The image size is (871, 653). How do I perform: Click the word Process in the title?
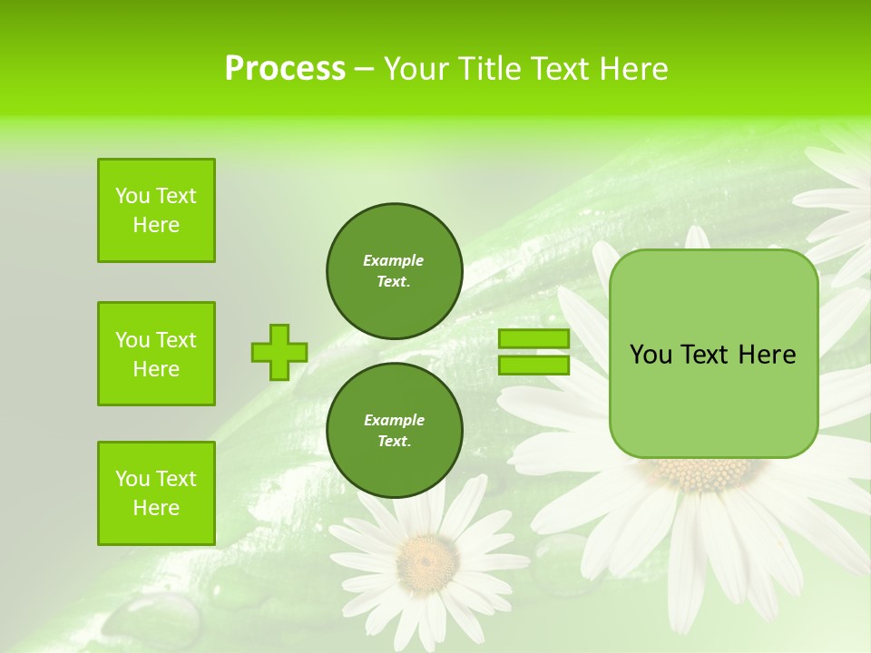285,69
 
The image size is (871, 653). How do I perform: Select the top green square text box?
156,210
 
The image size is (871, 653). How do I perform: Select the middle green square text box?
156,354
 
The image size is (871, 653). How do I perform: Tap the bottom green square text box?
156,493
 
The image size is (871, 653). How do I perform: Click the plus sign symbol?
279,352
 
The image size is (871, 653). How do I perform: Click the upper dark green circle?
394,270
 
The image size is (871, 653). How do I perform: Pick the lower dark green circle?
394,430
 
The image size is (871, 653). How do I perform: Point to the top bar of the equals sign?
533,338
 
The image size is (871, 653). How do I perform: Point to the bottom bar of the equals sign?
533,365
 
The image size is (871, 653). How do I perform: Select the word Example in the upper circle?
393,260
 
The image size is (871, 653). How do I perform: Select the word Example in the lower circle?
394,420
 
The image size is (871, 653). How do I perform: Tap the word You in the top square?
132,196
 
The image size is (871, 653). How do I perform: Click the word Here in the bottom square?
156,508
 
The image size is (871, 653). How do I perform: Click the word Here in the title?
634,69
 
